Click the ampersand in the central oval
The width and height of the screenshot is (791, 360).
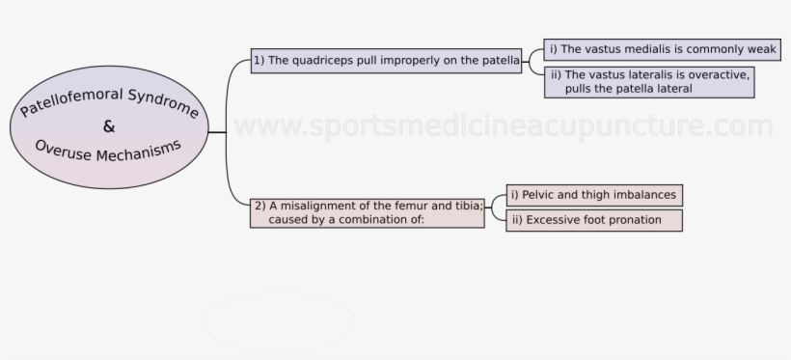[x=108, y=126]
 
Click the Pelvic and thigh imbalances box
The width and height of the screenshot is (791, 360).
[x=593, y=195]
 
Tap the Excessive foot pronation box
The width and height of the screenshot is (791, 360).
[x=593, y=220]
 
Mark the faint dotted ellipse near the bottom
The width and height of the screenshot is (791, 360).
[x=279, y=321]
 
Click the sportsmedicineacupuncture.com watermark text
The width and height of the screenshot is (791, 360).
[x=503, y=126]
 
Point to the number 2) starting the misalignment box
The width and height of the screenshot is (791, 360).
[x=259, y=205]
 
